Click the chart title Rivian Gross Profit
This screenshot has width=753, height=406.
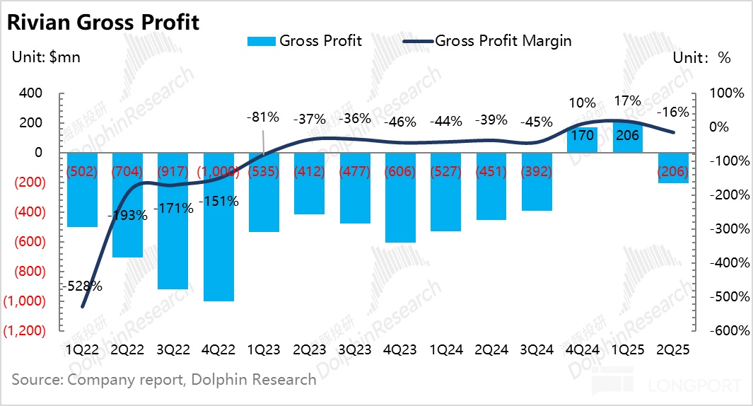pos(103,22)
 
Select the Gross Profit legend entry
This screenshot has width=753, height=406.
pos(305,41)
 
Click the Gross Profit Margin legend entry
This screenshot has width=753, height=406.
pos(487,41)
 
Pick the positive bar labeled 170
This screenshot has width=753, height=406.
pos(583,139)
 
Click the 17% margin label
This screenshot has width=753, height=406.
pos(627,100)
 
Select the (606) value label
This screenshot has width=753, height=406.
pos(400,171)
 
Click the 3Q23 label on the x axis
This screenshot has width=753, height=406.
pos(356,349)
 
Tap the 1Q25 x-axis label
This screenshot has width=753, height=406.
pos(628,349)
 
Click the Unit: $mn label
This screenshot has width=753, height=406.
pos(46,58)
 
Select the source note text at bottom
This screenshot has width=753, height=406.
pos(164,380)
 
